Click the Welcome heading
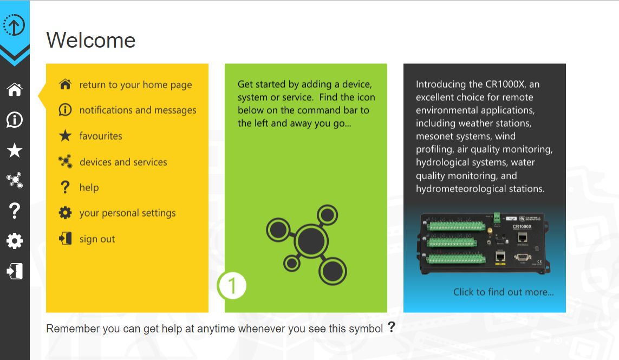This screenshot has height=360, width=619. (x=91, y=40)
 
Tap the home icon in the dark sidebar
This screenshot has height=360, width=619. (x=15, y=90)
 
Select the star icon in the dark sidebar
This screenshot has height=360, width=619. (x=15, y=150)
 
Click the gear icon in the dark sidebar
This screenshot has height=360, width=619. (x=15, y=241)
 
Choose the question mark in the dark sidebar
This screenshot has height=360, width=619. (x=15, y=211)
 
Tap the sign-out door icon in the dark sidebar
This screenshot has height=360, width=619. (x=15, y=271)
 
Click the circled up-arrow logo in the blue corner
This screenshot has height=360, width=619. (x=14, y=25)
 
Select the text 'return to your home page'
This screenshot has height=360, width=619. (x=135, y=85)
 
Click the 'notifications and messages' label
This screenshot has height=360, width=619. (x=138, y=110)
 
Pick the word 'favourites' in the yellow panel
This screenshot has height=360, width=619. (x=101, y=136)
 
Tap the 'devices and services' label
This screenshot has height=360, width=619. (x=123, y=162)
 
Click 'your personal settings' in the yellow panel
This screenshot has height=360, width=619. (x=127, y=213)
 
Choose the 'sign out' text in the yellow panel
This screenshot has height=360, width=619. (x=97, y=239)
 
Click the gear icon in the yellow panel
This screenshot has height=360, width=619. (x=65, y=213)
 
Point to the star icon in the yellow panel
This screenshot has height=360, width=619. (x=65, y=136)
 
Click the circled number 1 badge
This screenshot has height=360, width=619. (x=232, y=285)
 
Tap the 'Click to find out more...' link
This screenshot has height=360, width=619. (x=503, y=292)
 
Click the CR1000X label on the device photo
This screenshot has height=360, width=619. (x=522, y=227)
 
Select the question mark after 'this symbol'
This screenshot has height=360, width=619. (x=391, y=327)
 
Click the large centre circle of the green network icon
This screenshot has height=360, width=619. (x=311, y=241)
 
